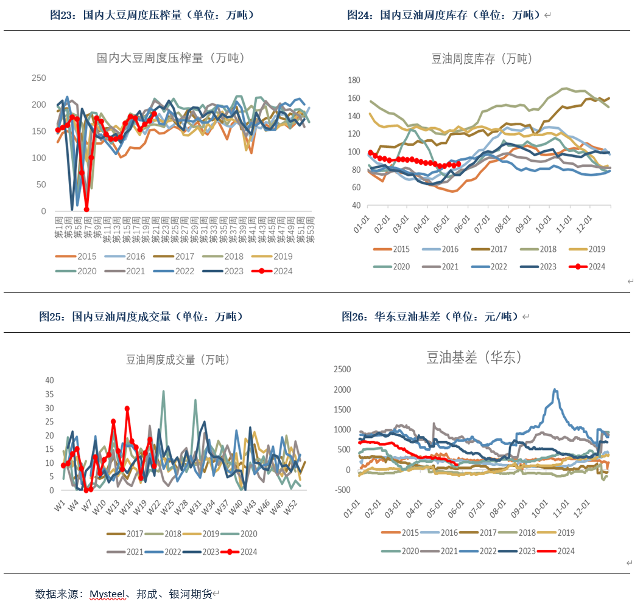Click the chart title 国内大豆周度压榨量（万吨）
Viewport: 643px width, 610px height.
pos(170,58)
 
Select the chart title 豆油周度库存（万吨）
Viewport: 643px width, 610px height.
pos(482,59)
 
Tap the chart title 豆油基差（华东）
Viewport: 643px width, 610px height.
pos(474,358)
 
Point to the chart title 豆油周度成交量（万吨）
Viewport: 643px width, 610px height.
pos(177,360)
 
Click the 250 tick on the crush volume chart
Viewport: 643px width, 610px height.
pos(39,78)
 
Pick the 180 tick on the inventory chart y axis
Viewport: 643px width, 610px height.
pos(354,80)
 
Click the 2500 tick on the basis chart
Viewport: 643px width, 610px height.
pos(343,369)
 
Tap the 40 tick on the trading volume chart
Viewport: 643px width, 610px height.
pos(50,380)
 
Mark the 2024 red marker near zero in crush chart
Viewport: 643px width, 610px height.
pos(86,209)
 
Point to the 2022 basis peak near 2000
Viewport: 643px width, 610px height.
pos(555,390)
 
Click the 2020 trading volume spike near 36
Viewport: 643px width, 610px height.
pos(163,391)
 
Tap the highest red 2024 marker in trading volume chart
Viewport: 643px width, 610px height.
pos(127,409)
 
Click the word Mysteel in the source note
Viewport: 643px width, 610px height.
pos(109,594)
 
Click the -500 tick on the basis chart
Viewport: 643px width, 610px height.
pos(343,490)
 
